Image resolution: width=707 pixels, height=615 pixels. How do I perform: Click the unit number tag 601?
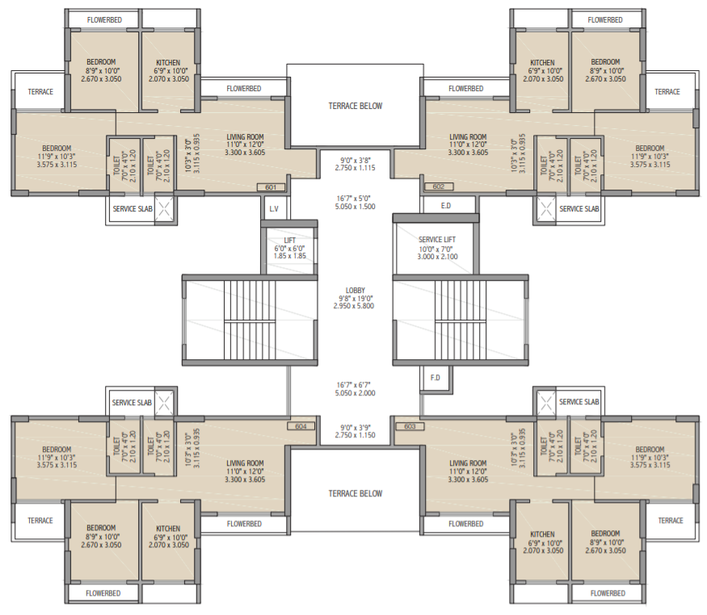tap(271, 187)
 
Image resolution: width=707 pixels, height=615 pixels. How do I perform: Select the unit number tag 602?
tap(439, 187)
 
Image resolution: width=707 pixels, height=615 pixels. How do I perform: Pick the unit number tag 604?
tap(301, 426)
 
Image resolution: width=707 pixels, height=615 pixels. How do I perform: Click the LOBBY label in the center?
tap(355, 291)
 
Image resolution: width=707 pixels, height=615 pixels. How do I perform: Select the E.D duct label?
tap(445, 207)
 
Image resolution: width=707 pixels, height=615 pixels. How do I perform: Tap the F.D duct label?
tap(435, 377)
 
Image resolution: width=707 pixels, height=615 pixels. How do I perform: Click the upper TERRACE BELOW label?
tap(355, 106)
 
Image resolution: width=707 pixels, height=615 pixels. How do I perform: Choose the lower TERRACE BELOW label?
tap(355, 493)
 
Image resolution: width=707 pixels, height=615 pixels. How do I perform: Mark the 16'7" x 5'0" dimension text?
tap(355, 202)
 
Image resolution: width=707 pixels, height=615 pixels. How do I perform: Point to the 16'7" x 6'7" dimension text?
tap(355, 388)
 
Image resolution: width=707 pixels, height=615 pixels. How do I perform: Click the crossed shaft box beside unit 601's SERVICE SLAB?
tap(164, 208)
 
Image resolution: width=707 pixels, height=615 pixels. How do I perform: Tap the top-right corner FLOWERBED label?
tap(605, 19)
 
